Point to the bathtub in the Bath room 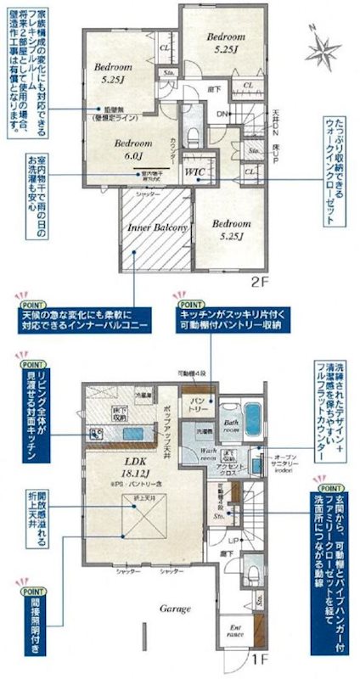tap(254, 418)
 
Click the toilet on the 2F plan tap(191, 135)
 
